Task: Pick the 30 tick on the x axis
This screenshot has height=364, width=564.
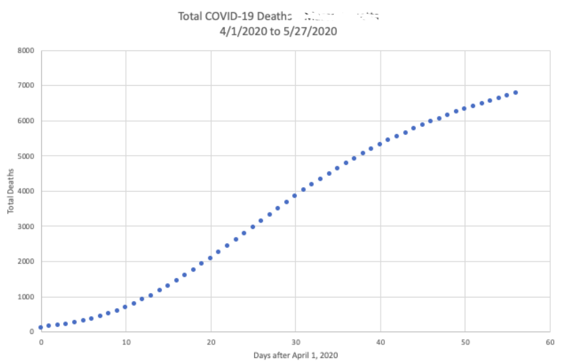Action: coord(296,342)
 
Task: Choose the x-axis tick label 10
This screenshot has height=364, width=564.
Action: coord(126,342)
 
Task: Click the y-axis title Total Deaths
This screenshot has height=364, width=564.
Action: coord(11,191)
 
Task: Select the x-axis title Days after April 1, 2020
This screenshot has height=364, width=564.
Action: coord(296,355)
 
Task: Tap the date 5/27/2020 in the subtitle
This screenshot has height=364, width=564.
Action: coord(311,31)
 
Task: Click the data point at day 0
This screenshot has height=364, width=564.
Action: coord(41,327)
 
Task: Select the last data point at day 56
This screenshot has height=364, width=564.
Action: coord(516,92)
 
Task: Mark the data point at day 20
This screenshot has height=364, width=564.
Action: coord(210,258)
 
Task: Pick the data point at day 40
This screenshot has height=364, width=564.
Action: coord(380,144)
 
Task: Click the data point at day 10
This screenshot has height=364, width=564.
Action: coord(125,307)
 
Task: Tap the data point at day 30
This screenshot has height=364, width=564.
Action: coord(295,196)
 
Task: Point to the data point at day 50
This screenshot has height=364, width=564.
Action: coord(464,108)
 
